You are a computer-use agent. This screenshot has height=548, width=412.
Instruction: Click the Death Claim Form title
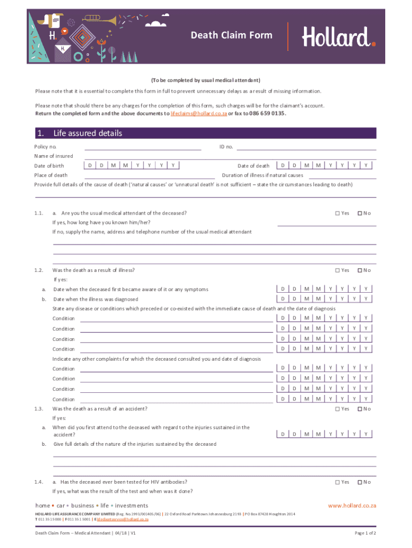coord(232,35)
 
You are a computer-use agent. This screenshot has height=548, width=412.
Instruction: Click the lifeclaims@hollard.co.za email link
coord(199,114)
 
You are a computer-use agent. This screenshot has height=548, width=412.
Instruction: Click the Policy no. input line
coord(142,148)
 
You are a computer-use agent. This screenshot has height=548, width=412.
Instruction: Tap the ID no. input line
coord(306,148)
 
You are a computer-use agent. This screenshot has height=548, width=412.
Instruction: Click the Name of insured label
coord(54,156)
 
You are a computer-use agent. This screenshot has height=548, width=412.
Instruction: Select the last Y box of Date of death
coord(366,165)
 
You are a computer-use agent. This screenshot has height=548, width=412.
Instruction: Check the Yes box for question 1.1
coord(338,214)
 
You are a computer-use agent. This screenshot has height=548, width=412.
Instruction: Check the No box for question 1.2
coord(360,270)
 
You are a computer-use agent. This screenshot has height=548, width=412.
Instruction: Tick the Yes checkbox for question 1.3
coord(338,409)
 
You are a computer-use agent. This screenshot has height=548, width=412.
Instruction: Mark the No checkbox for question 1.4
coord(360,482)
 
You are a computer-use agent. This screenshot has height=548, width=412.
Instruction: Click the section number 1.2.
coord(38,270)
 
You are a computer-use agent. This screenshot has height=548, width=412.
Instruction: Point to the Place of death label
coord(51,175)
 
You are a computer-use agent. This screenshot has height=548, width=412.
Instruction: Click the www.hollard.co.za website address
coord(352,506)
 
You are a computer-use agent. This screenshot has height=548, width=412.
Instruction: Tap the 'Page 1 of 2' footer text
coord(365,534)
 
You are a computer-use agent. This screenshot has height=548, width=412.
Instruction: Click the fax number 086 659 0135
coord(268,114)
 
